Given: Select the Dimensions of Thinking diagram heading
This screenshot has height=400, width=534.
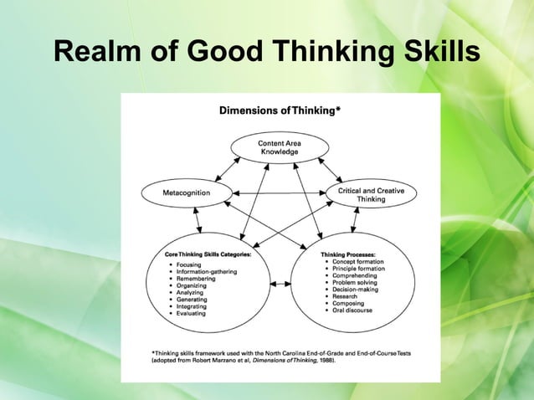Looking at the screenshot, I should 280,110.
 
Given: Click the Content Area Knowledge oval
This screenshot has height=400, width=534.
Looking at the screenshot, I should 280,148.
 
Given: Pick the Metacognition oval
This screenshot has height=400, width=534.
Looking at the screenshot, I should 187,192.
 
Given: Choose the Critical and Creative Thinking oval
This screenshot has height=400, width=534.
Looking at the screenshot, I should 371,195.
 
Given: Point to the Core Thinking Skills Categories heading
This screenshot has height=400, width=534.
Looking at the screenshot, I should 207,253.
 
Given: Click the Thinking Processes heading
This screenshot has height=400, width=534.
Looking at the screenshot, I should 348,253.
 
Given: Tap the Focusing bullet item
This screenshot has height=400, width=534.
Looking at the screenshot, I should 189,264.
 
